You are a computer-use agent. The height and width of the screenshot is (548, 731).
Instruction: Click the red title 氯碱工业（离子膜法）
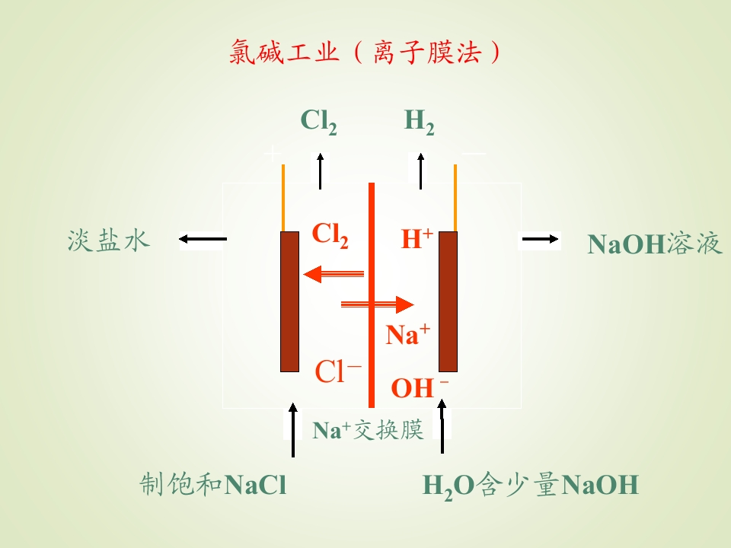click(365, 51)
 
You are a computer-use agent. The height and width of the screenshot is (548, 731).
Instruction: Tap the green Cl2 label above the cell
click(319, 122)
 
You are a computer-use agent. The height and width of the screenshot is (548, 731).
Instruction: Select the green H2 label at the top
click(419, 122)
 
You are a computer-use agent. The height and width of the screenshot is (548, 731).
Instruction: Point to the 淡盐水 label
click(109, 241)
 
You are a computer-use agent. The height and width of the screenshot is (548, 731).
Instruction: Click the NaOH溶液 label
click(655, 244)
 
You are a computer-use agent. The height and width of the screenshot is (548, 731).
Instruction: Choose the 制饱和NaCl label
click(213, 484)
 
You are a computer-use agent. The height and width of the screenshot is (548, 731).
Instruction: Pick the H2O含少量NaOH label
click(530, 486)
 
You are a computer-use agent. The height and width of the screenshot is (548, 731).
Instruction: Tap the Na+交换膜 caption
click(368, 429)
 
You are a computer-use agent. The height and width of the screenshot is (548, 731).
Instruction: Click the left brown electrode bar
click(289, 301)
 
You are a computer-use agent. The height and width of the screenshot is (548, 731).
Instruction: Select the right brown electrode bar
click(448, 301)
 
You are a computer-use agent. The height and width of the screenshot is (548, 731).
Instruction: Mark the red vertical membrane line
click(372, 295)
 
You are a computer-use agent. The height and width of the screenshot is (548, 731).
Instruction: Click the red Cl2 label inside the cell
click(330, 235)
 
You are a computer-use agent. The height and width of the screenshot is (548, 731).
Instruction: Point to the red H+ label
click(417, 238)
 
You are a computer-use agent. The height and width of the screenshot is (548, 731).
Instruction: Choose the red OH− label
click(420, 387)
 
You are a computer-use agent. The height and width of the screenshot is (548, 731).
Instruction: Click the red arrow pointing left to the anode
click(334, 274)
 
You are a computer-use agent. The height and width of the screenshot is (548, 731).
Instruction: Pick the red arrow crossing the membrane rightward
click(378, 304)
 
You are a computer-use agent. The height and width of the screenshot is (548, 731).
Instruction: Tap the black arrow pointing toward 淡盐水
click(203, 239)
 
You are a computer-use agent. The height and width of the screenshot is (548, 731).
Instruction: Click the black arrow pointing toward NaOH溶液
click(541, 239)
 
